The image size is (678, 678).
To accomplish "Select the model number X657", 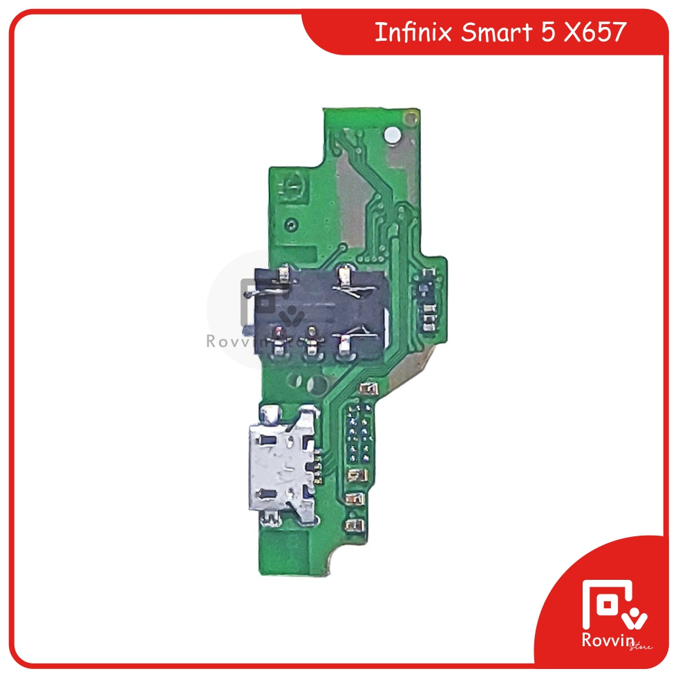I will click(x=595, y=32).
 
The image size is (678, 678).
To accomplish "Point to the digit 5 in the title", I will click(x=548, y=32).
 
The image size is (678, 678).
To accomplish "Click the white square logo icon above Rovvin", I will click(x=608, y=605).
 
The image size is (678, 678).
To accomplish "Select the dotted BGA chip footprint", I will click(x=358, y=433).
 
